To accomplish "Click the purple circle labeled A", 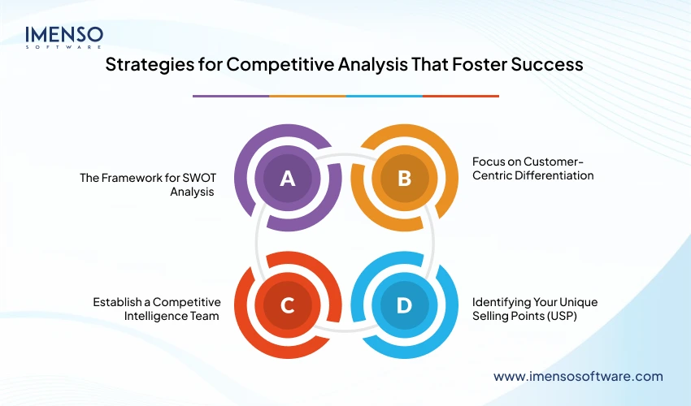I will pyautogui.click(x=287, y=179).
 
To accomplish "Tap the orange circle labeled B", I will pyautogui.click(x=404, y=179).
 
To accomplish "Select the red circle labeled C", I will pyautogui.click(x=287, y=304).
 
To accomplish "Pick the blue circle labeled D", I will pyautogui.click(x=404, y=304).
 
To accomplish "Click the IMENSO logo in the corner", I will pyautogui.click(x=64, y=38).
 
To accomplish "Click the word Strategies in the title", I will pyautogui.click(x=146, y=66).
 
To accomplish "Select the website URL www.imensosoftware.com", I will pyautogui.click(x=578, y=376).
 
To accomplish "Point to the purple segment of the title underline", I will pyautogui.click(x=230, y=96).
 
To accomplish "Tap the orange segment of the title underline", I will pyautogui.click(x=307, y=96).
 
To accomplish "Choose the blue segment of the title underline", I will pyautogui.click(x=384, y=96).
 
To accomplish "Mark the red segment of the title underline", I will pyautogui.click(x=461, y=96).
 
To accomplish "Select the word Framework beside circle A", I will pyautogui.click(x=130, y=177).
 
